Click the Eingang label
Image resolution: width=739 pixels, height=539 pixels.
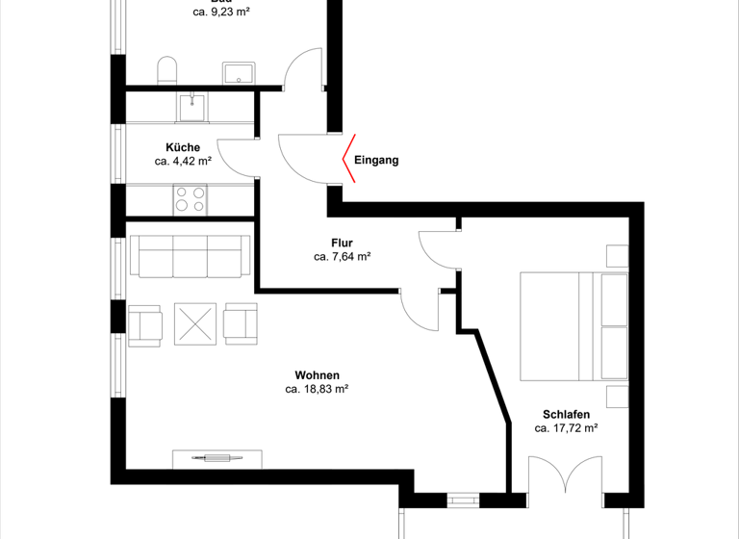[x=375, y=161]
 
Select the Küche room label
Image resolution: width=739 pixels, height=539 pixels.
[x=183, y=147]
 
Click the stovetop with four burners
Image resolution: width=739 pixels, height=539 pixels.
[x=190, y=199]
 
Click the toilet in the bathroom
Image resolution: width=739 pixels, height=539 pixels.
[x=167, y=70]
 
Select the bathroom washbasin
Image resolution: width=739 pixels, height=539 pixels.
[x=237, y=73]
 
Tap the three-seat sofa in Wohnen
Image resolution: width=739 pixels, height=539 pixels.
[x=189, y=256]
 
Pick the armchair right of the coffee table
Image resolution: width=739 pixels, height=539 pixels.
[x=241, y=322]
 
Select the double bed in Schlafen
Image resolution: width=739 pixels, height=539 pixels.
[x=573, y=326]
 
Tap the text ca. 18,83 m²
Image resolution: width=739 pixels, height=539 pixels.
[x=317, y=390]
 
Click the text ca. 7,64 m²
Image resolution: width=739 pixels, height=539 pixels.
[x=342, y=257]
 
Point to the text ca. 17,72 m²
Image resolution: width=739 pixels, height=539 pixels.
[x=567, y=428]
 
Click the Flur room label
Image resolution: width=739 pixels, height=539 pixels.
[x=343, y=244]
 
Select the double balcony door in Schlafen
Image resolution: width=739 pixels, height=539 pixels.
[x=566, y=477]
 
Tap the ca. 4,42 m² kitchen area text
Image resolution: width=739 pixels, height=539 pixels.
[x=183, y=162]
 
